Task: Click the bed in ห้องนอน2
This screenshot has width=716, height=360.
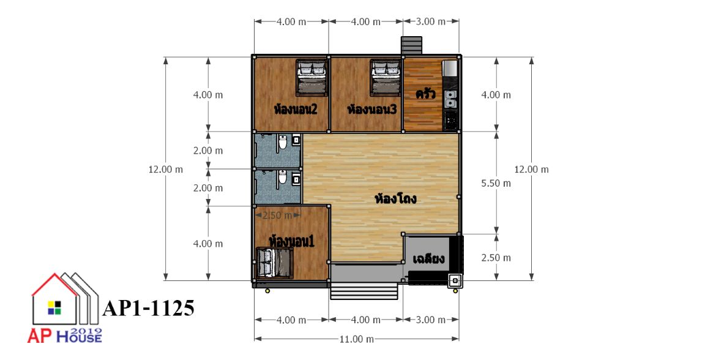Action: click(312, 78)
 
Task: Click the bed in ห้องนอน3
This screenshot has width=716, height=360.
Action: click(386, 78)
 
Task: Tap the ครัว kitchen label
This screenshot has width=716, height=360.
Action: click(425, 94)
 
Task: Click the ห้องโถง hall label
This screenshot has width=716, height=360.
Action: click(395, 199)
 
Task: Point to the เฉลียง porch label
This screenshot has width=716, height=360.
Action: click(428, 260)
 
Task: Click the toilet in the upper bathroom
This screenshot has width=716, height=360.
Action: click(283, 143)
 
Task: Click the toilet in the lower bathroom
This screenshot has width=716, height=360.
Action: click(283, 177)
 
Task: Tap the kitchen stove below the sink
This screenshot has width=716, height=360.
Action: click(450, 120)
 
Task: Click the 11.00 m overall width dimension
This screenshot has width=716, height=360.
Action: click(356, 339)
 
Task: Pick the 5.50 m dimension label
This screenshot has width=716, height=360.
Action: click(496, 183)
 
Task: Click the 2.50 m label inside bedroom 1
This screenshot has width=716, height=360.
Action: click(277, 215)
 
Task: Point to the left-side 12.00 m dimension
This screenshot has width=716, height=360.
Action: click(165, 170)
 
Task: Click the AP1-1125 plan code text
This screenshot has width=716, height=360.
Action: click(149, 309)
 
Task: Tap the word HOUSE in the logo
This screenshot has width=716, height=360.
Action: click(79, 337)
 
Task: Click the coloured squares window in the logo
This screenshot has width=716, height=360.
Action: click(54, 307)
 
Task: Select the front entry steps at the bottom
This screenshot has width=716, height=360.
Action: click(364, 291)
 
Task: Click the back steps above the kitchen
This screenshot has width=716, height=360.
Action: click(412, 46)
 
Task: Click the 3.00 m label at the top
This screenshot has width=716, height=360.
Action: click(431, 21)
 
